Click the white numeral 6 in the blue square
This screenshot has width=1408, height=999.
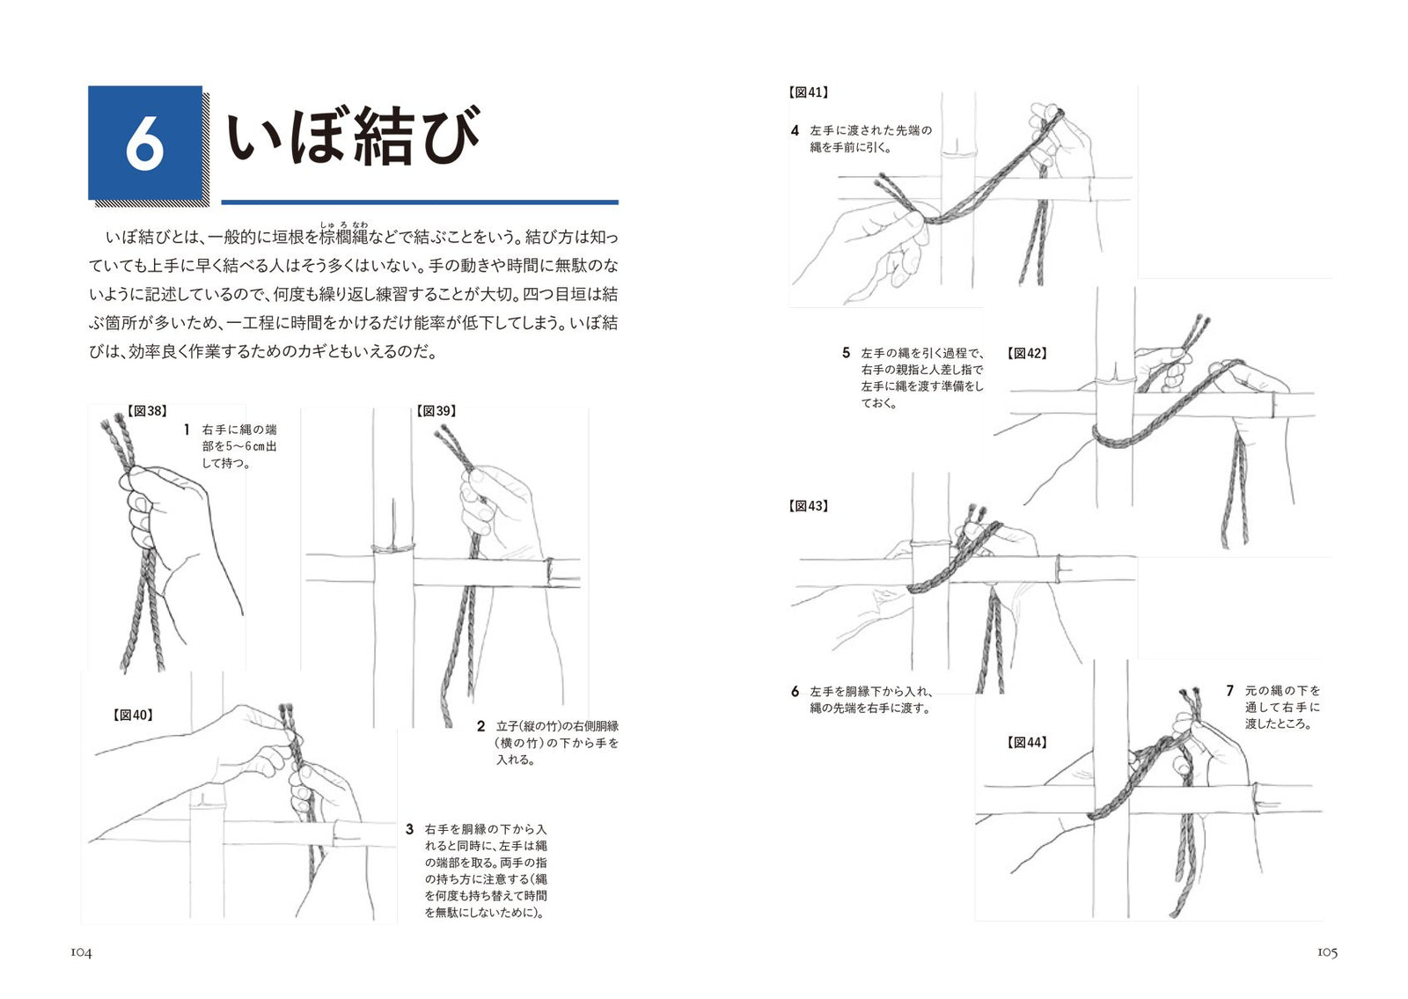click(144, 144)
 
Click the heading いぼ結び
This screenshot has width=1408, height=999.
click(353, 136)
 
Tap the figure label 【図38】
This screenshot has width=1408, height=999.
click(146, 411)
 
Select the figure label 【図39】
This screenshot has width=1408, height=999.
click(436, 411)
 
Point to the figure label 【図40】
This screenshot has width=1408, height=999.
click(133, 715)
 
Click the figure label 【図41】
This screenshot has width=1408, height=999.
click(808, 92)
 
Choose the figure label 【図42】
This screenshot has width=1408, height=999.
click(1027, 353)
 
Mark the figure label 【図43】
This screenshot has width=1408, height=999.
click(808, 506)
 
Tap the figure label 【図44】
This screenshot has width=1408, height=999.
click(1027, 743)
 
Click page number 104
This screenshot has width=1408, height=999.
click(81, 953)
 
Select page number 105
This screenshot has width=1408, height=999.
click(1328, 952)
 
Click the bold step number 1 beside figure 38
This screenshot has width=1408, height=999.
click(187, 430)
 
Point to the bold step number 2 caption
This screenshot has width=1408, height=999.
click(480, 727)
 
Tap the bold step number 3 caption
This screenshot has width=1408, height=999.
click(410, 829)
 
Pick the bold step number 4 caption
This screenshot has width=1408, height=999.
click(796, 131)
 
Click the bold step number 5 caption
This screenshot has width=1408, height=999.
click(846, 353)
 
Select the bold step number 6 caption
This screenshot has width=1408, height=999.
click(796, 692)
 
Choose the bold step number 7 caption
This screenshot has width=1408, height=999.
click(1230, 690)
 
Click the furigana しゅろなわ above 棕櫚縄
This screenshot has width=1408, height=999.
click(344, 224)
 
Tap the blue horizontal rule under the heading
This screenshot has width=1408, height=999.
click(420, 202)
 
